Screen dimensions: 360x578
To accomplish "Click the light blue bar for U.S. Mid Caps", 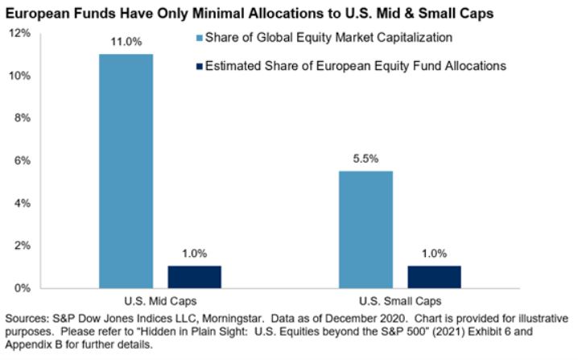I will click(x=126, y=171).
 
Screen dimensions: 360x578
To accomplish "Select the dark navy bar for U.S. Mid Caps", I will click(x=194, y=276).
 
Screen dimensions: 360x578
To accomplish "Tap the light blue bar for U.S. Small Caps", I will click(x=365, y=230).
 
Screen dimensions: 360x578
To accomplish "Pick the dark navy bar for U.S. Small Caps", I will click(x=434, y=276).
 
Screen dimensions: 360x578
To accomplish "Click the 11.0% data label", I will click(x=126, y=39).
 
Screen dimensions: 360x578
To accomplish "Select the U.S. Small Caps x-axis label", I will click(x=399, y=300).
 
